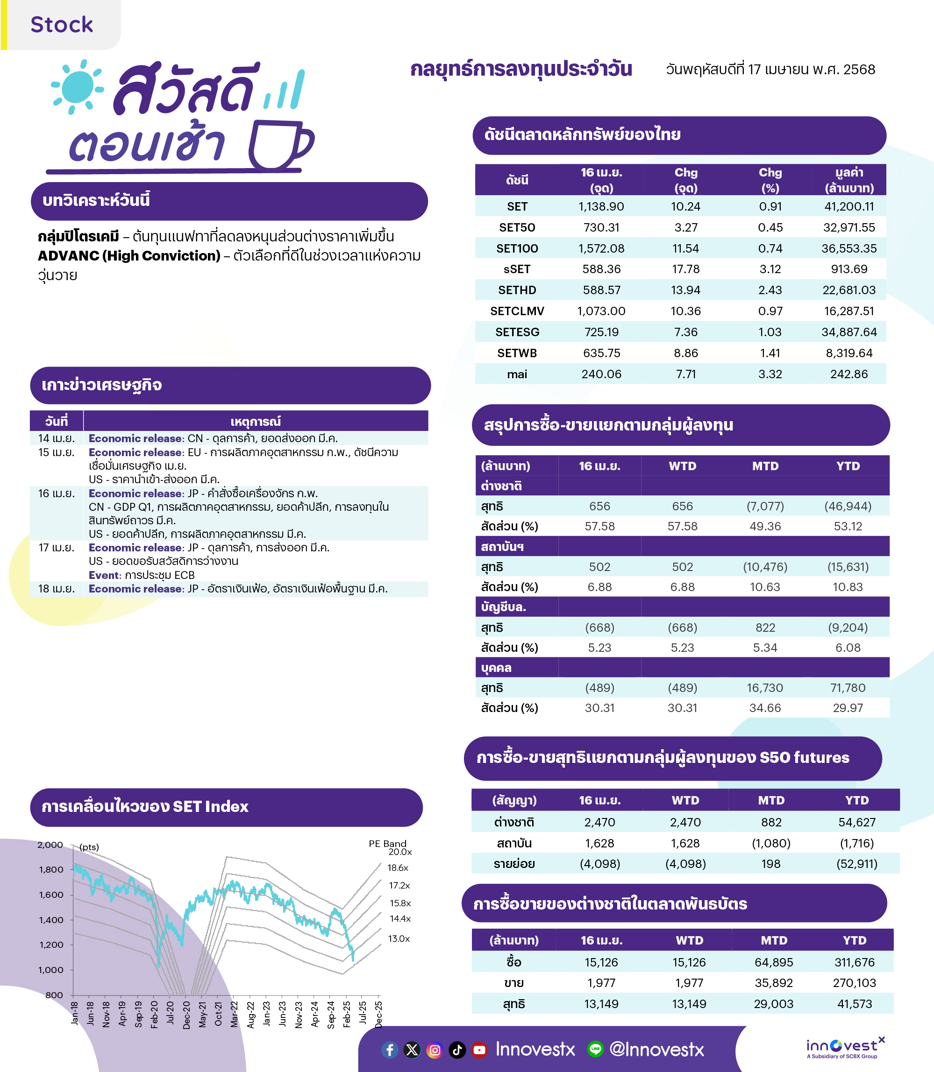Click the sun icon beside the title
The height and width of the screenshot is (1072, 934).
(78, 87)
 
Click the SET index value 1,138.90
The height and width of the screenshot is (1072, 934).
(601, 206)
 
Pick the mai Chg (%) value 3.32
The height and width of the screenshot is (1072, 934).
(770, 374)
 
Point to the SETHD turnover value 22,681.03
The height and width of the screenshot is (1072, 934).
(849, 289)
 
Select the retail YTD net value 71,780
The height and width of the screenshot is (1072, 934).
(848, 688)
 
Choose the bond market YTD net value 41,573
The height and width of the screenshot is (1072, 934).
(854, 1004)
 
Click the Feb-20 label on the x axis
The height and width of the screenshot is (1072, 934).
(154, 1014)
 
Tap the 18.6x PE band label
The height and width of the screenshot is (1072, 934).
(398, 867)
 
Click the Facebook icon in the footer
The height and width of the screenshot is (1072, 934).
(390, 1050)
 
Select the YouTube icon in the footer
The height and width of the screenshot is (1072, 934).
(479, 1050)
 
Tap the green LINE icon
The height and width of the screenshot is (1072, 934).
(595, 1049)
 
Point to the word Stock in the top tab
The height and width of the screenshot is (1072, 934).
(62, 24)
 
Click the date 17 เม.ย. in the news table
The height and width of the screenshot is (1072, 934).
(56, 548)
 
